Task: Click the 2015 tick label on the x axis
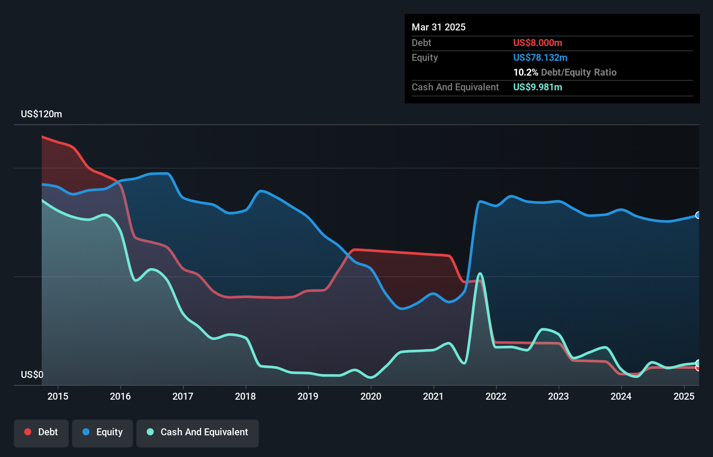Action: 58,396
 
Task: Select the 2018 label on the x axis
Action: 245,396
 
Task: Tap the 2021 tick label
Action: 433,396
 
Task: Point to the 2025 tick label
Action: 684,396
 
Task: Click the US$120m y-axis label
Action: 41,114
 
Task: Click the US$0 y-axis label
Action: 32,374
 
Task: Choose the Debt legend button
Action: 41,432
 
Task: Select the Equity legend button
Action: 102,432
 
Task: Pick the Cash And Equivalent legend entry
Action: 198,432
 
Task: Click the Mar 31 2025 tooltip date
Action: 439,27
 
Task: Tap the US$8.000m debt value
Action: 538,43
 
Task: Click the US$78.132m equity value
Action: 540,57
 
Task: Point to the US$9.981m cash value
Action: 538,87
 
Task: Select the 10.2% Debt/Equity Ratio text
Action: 564,72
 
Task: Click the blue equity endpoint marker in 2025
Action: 698,215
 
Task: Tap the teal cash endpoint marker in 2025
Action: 698,363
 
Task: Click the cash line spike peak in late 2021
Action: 480,274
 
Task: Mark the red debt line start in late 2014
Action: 43,137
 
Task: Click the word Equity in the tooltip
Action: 425,57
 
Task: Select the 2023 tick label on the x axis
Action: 558,396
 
